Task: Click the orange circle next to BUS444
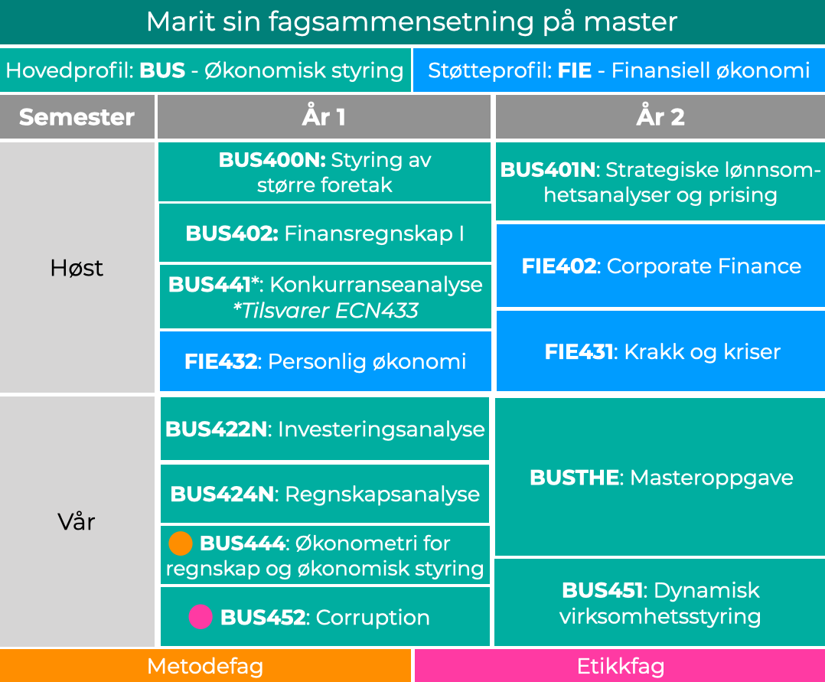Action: coord(180,543)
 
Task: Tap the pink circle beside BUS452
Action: coord(201,617)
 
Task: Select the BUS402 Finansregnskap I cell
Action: coord(324,233)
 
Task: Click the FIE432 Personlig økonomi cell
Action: coord(324,361)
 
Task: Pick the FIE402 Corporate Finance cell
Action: coord(660,266)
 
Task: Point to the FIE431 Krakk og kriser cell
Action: coord(660,352)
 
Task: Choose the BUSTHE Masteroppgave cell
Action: coord(660,478)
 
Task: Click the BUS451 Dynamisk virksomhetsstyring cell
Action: coord(660,603)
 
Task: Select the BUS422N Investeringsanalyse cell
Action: coord(324,429)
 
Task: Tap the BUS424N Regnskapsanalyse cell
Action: coord(324,494)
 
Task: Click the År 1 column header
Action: coord(324,117)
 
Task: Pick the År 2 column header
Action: coord(660,117)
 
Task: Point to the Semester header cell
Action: coord(77,117)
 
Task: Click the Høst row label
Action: coord(77,268)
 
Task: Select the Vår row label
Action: coord(77,522)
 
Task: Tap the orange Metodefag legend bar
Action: coord(205,666)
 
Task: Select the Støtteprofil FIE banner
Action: coord(618,71)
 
